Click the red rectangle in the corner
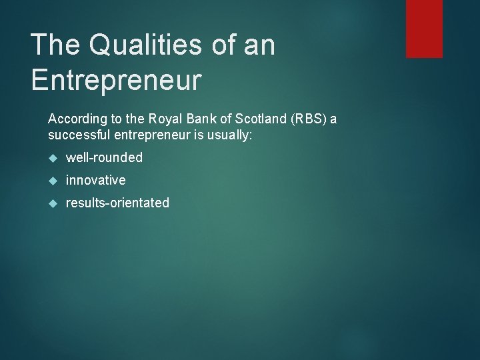click(424, 28)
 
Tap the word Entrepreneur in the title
click(116, 80)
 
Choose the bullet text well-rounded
click(104, 158)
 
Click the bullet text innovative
click(95, 180)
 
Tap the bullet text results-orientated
click(117, 203)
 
